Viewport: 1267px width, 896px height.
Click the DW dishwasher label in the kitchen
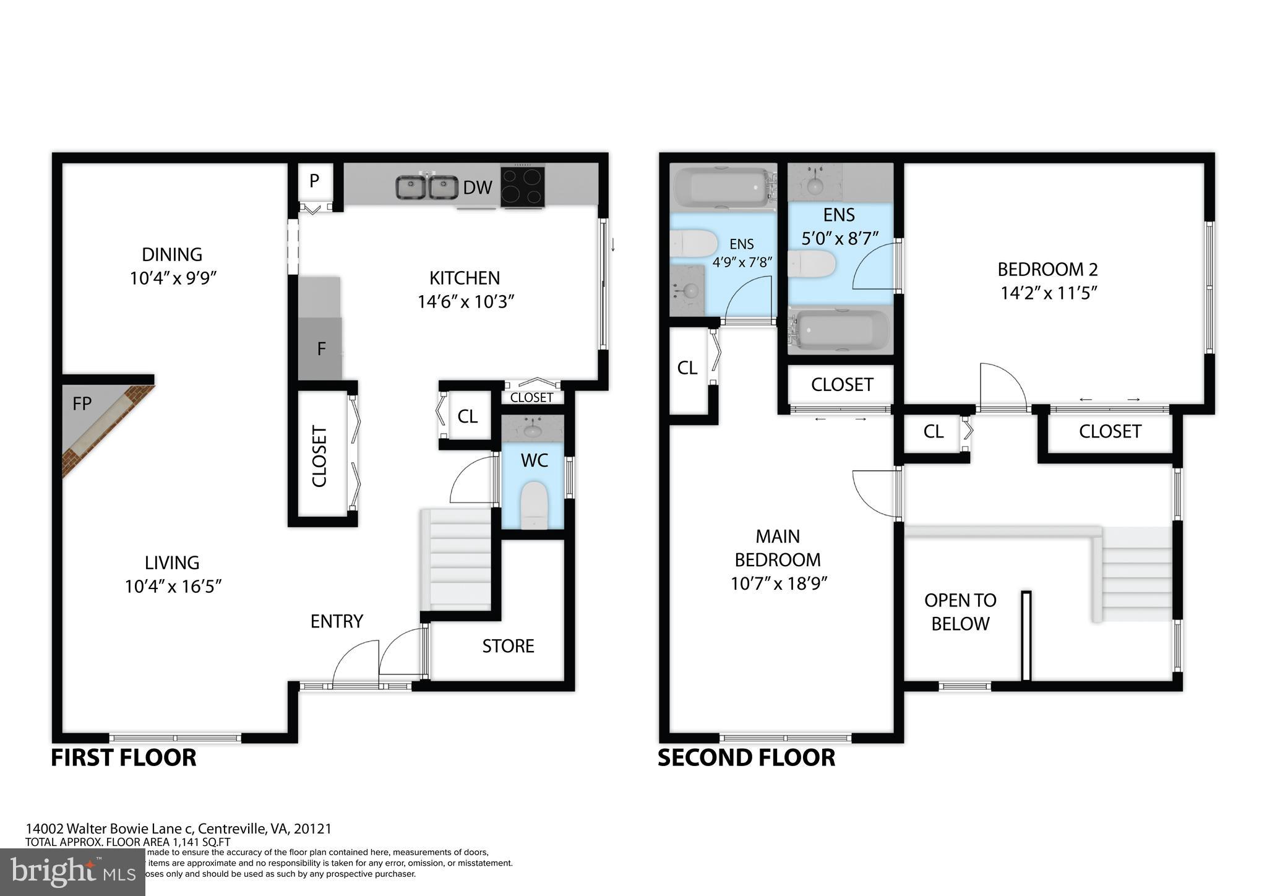click(x=478, y=187)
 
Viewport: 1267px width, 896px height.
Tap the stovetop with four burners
click(x=523, y=186)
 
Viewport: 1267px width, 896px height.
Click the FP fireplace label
click(x=82, y=404)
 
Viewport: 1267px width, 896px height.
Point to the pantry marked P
click(x=314, y=181)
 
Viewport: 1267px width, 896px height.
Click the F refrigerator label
click(x=321, y=349)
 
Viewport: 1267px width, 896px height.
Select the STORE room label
click(x=508, y=646)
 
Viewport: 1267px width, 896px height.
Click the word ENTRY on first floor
click(x=337, y=621)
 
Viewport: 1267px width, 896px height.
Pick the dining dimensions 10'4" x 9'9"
click(x=173, y=278)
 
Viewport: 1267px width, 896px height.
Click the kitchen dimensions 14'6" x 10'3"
click(x=466, y=302)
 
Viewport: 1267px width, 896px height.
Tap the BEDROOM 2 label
click(x=1047, y=269)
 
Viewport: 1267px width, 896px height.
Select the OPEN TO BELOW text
click(x=960, y=612)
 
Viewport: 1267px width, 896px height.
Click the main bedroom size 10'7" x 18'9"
click(x=778, y=584)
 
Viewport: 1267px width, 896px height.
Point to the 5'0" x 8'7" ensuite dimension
click(x=840, y=239)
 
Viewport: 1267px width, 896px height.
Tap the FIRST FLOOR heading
click(x=123, y=758)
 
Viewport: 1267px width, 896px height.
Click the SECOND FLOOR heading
click(x=746, y=758)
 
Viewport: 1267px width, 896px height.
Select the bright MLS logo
click(x=72, y=872)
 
